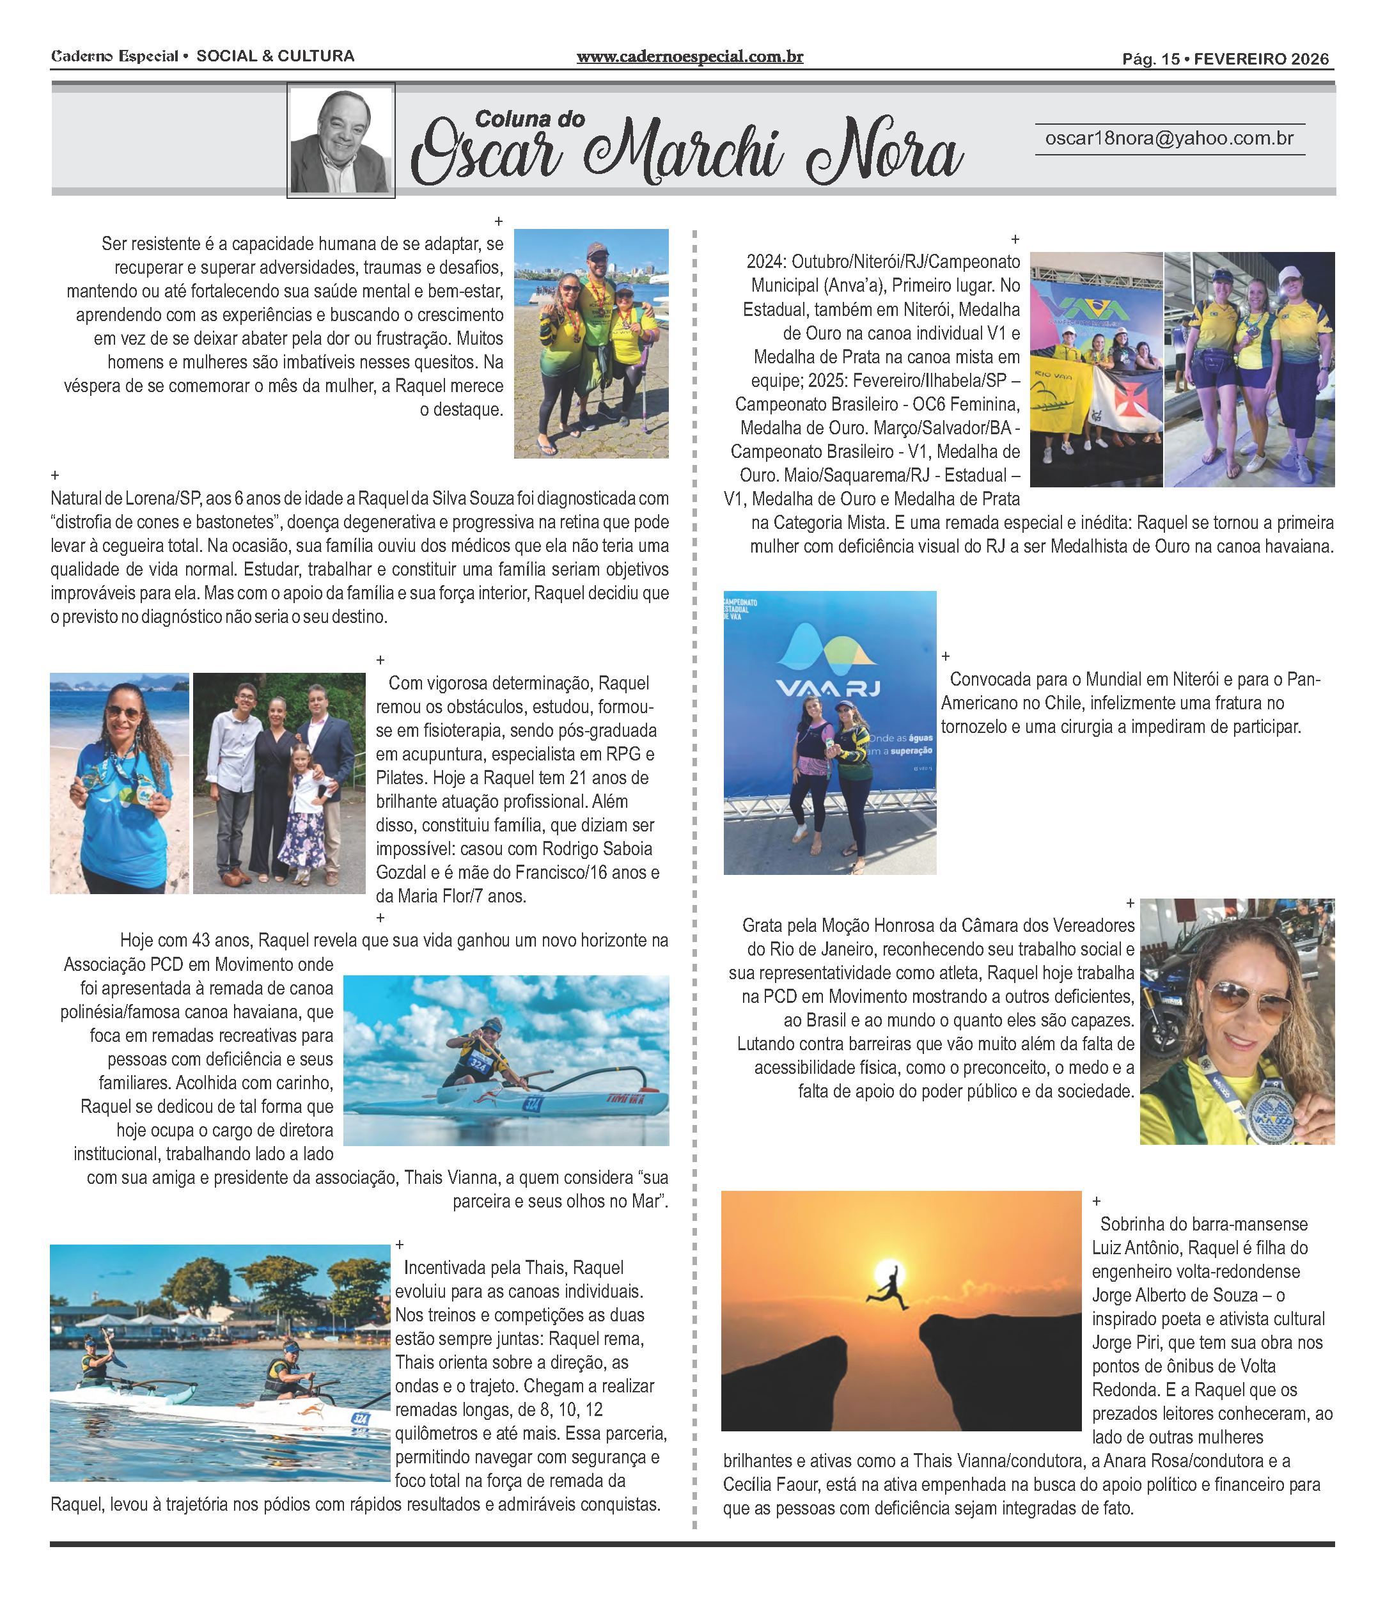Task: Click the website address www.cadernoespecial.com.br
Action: [x=689, y=56]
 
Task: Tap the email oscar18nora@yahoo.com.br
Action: [x=1169, y=138]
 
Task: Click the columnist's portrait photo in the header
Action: [x=341, y=141]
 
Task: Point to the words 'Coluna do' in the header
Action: [x=529, y=119]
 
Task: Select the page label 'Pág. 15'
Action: [x=1151, y=59]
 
